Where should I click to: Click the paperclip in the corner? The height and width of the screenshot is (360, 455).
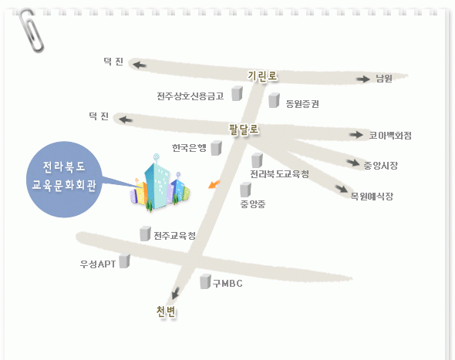point(32,31)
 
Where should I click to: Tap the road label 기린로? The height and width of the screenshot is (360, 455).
point(262,76)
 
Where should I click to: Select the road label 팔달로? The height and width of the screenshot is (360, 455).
point(244,130)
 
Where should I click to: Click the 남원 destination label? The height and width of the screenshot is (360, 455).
point(384,79)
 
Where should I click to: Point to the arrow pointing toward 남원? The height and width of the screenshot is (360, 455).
point(363,79)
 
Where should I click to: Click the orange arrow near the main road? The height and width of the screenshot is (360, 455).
point(214,184)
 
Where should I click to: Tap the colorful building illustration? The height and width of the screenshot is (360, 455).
point(160,183)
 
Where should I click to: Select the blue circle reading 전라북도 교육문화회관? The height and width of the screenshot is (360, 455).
point(64,180)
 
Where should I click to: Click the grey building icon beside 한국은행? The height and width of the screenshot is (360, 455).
point(216,148)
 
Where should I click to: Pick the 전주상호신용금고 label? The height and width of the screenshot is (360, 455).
point(190,96)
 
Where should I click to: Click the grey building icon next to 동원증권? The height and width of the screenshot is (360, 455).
point(274,100)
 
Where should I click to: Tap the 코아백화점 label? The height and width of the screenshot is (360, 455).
point(390,136)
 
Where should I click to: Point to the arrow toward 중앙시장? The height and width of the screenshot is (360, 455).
point(353,163)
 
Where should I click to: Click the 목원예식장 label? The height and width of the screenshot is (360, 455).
point(372,197)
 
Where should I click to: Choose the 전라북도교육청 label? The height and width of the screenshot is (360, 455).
point(280,174)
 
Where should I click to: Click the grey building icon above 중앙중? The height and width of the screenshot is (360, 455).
point(245,190)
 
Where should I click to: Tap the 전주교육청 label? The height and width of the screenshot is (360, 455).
point(175,236)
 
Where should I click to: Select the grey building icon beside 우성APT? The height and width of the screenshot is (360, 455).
point(124,261)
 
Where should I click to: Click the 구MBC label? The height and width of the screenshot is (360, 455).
point(228,284)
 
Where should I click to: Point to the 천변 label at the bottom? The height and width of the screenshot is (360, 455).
point(166,312)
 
